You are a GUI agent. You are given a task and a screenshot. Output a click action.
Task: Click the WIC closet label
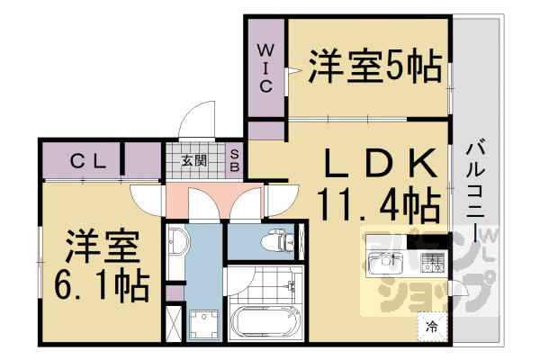(x=266, y=67)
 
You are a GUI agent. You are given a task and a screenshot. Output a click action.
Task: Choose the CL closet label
(x=91, y=162)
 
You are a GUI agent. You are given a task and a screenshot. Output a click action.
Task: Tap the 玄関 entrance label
(x=193, y=162)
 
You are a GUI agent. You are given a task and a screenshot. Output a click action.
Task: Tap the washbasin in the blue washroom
(x=176, y=242)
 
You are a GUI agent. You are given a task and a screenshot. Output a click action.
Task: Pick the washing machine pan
(x=203, y=325)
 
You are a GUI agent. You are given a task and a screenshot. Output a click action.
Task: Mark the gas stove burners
(x=434, y=263)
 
